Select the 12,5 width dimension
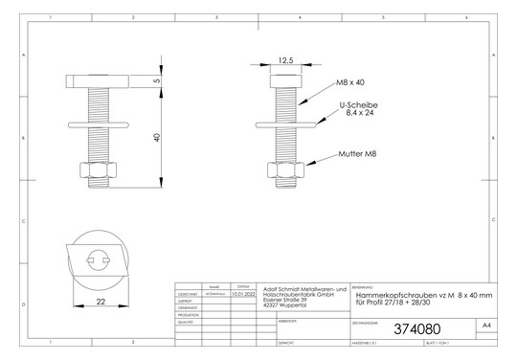point(285,59)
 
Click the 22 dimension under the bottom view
point(100,303)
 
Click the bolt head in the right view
point(285,79)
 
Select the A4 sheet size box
point(486,326)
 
